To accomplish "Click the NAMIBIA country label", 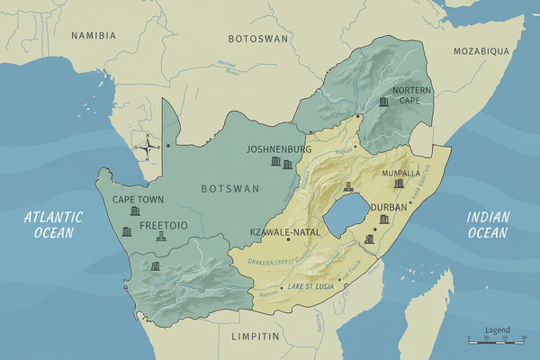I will (x=94, y=35).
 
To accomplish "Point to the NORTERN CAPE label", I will (x=405, y=95).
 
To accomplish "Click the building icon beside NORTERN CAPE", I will (x=384, y=102).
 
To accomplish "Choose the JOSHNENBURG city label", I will (x=278, y=148).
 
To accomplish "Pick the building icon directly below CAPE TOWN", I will (x=136, y=211).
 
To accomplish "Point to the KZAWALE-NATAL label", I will (x=280, y=232).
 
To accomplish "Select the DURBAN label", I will (x=389, y=206).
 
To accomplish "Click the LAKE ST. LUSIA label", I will (x=312, y=287).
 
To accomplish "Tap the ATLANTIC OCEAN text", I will (x=53, y=224).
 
